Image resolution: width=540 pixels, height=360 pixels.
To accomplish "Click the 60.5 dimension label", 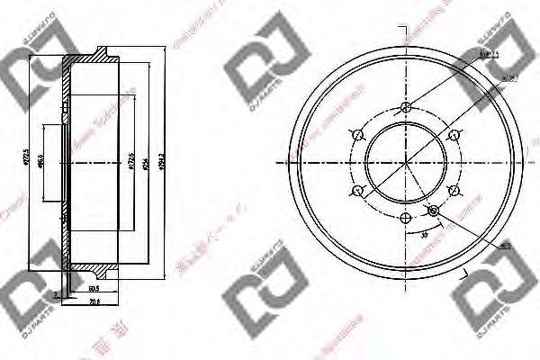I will [x=94, y=291].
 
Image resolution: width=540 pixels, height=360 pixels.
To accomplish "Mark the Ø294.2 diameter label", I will [x=161, y=163].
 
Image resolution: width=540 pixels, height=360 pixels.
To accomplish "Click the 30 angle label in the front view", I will [x=423, y=236].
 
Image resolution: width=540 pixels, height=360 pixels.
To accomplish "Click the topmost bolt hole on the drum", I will [x=406, y=108].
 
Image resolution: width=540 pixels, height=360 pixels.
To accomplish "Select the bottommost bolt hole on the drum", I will [x=406, y=217].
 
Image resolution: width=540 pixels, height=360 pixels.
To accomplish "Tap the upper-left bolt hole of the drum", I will [x=358, y=135].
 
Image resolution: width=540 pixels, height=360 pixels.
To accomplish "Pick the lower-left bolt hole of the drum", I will [x=358, y=190].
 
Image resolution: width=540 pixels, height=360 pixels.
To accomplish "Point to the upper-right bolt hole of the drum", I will [x=453, y=135].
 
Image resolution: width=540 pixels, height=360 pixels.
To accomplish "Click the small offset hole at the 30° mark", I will [x=434, y=211].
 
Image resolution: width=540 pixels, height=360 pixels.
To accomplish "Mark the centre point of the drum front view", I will [x=406, y=163].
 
